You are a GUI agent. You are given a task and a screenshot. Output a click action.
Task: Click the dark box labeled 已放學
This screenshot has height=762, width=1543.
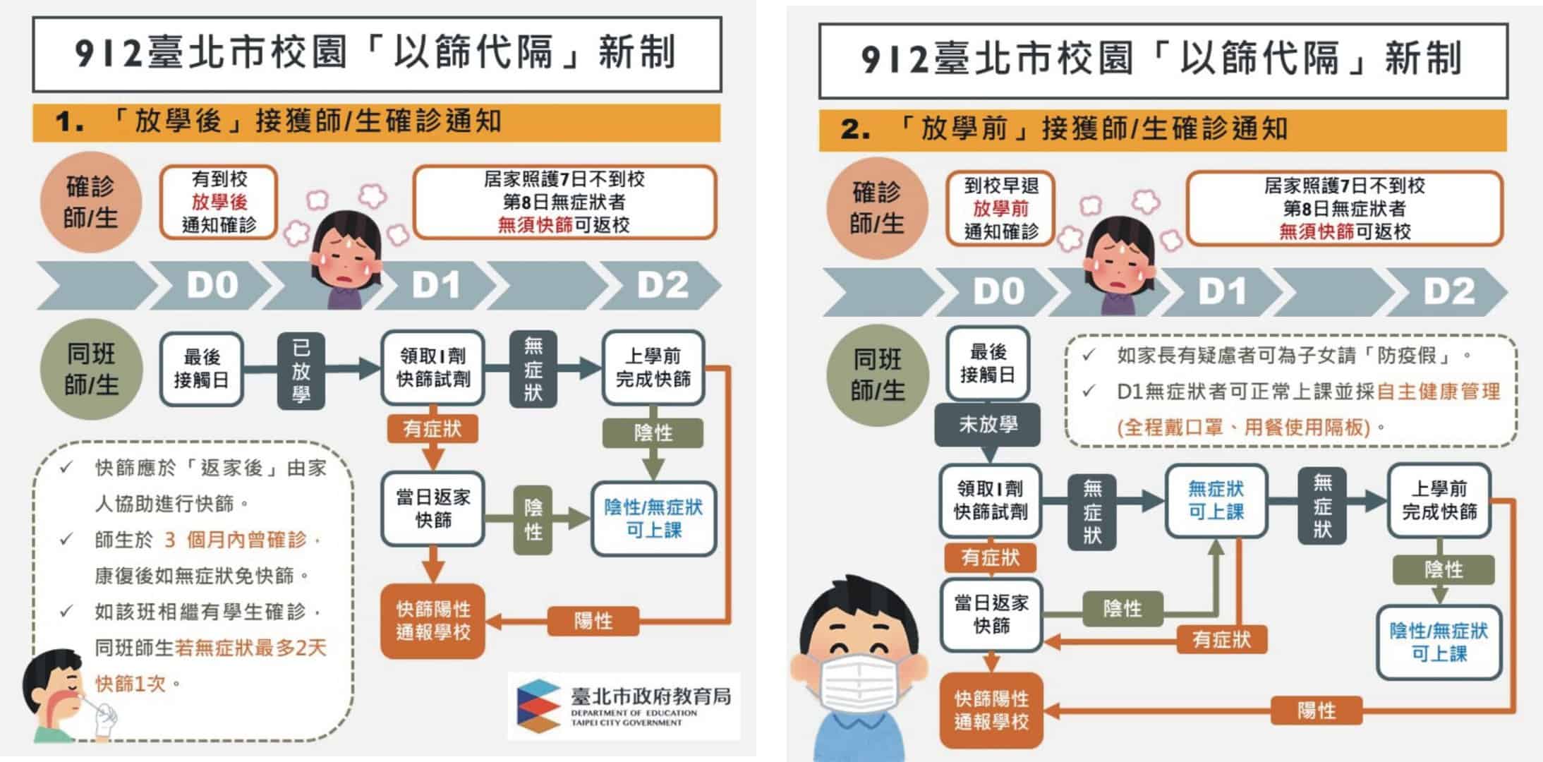click(x=301, y=370)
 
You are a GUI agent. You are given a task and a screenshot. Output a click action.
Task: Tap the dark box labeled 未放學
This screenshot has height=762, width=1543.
click(x=987, y=424)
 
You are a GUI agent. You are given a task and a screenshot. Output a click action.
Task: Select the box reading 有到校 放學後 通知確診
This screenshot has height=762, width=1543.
click(x=219, y=202)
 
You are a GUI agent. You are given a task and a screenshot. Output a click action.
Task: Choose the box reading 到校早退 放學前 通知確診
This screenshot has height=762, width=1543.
click(x=1000, y=209)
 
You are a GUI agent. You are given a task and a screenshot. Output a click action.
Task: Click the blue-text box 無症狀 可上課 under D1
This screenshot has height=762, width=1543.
click(x=1216, y=500)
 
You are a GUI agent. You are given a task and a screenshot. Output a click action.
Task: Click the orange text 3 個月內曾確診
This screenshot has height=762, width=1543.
click(x=236, y=540)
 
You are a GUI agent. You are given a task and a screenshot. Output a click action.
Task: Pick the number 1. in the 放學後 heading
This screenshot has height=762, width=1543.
click(x=70, y=122)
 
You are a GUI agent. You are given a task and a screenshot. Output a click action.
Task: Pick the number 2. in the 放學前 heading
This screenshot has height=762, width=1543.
click(x=855, y=129)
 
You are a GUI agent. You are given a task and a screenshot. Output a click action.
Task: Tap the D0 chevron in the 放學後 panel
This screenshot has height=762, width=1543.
click(x=212, y=285)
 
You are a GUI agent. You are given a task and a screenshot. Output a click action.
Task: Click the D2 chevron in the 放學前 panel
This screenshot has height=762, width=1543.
click(x=1448, y=291)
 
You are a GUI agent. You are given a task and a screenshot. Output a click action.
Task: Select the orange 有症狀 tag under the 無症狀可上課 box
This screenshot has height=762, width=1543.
click(x=1221, y=639)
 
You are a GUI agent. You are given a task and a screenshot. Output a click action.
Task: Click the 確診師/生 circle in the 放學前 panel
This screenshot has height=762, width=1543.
click(x=876, y=208)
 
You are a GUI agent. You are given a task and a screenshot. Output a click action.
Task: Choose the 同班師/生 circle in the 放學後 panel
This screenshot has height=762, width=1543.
click(x=91, y=370)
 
